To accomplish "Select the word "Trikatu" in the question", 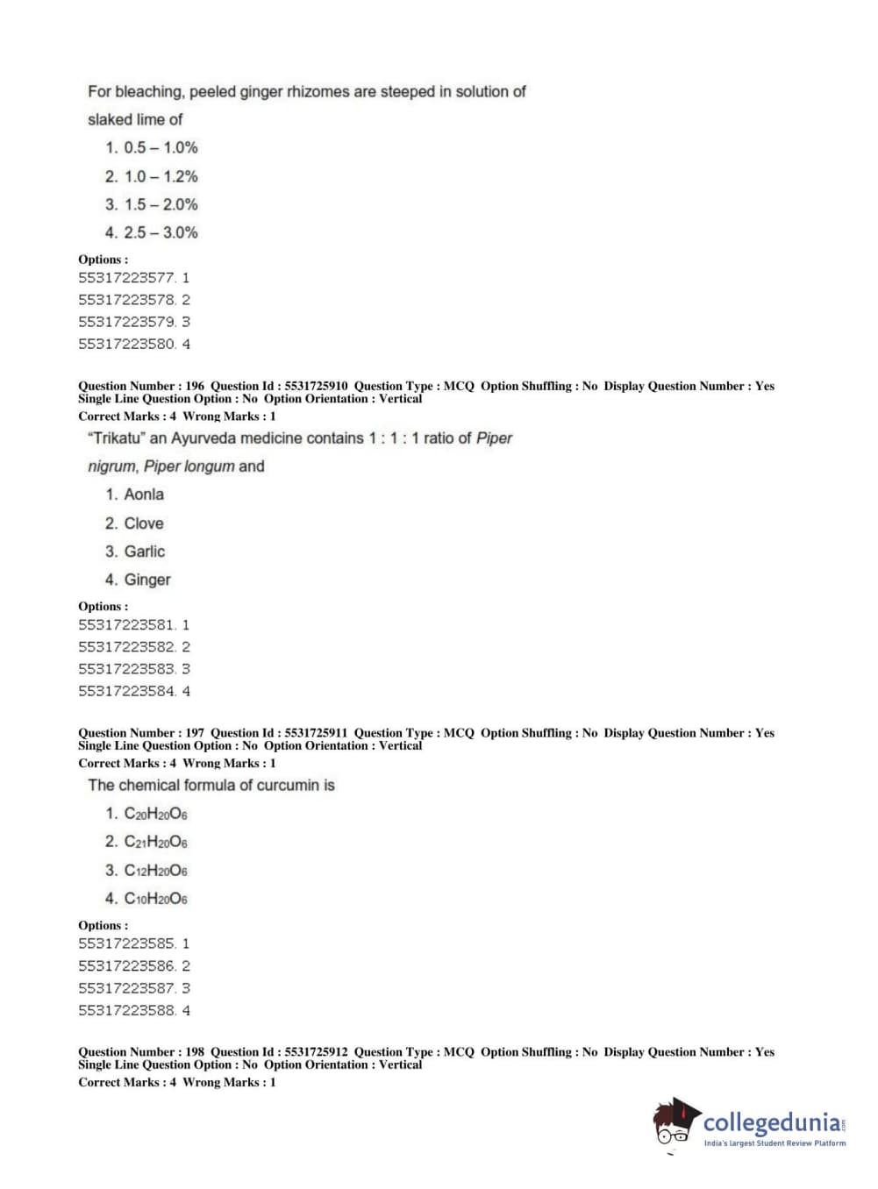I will pos(117,438).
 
